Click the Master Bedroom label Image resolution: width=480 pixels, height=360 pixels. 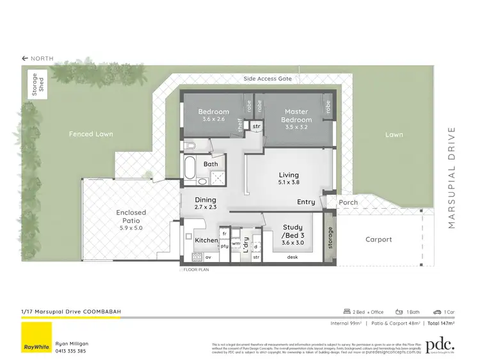(297, 116)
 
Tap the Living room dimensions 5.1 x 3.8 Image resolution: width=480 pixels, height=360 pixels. (288, 183)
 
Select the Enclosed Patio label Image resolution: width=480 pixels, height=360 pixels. (131, 217)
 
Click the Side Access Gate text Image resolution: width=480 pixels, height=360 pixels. (268, 79)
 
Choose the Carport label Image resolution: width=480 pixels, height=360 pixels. (378, 240)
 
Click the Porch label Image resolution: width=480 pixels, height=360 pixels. (348, 202)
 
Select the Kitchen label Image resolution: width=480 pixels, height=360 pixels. (206, 240)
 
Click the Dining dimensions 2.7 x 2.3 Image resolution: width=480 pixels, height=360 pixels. (206, 208)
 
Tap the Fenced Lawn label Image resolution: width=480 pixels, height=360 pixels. (91, 134)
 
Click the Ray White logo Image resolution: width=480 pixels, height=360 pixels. (36, 338)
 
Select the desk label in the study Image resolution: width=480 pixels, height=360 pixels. (293, 257)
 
